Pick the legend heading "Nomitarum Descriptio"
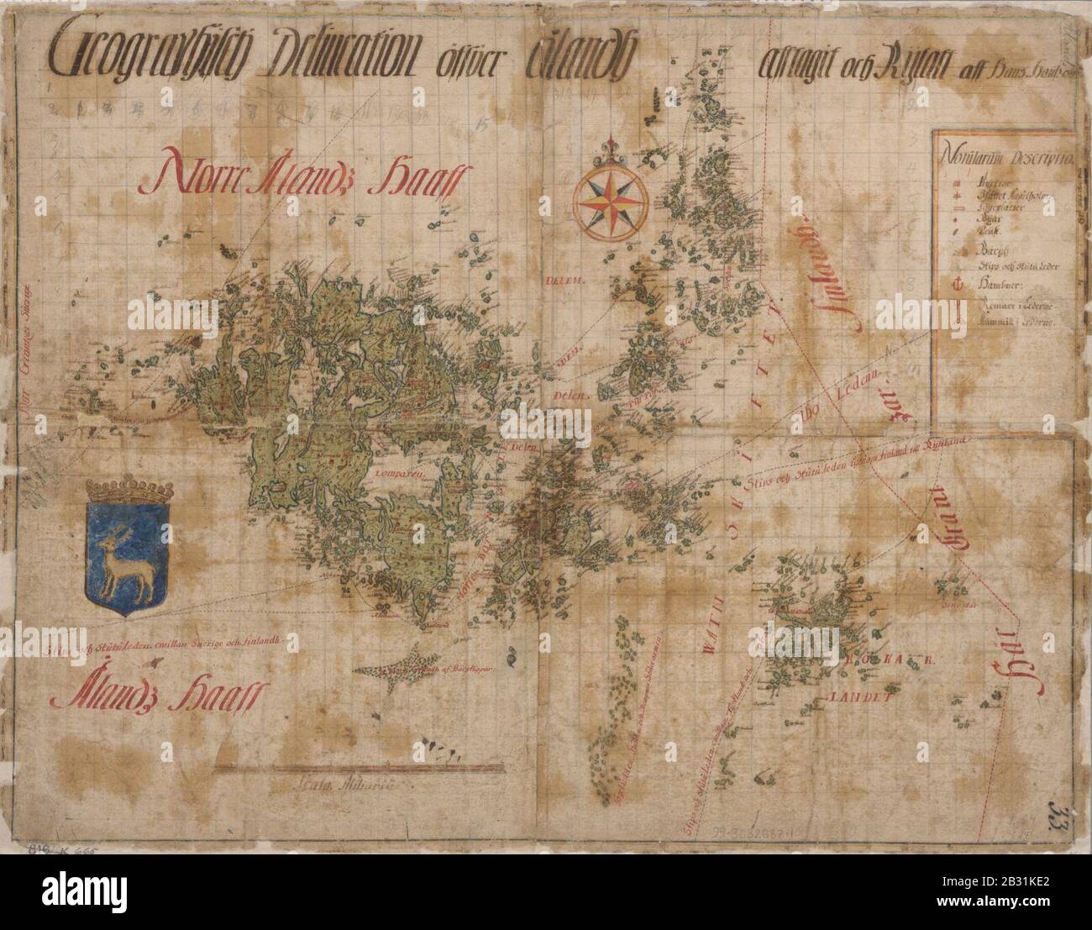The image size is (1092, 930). coord(1004,158)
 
